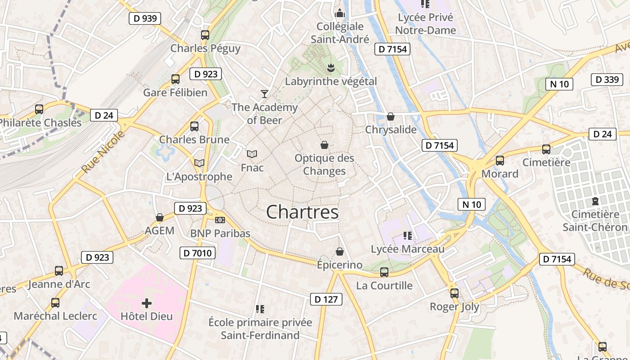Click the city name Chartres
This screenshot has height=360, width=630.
point(302,212)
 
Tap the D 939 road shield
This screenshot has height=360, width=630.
point(145,18)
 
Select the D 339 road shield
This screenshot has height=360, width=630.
point(607,80)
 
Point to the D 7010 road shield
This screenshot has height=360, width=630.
point(198,253)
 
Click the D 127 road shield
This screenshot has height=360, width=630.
point(326,299)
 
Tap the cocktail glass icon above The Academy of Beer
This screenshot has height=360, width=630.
point(265,94)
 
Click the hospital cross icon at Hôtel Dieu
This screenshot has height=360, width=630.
point(146,303)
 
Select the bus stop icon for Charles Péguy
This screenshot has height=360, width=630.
point(205,35)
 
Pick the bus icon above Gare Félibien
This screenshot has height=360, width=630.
point(175,79)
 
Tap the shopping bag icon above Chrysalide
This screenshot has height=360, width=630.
point(390,117)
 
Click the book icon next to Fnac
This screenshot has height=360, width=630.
point(252,154)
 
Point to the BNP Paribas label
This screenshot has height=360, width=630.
point(220,233)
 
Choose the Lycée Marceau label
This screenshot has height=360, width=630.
point(407,249)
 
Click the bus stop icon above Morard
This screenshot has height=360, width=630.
point(499,160)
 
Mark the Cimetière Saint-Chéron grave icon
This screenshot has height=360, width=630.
point(595,201)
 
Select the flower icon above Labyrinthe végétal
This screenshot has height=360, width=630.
point(331,68)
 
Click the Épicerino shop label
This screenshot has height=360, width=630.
point(339,265)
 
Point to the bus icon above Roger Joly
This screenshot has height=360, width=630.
point(454,293)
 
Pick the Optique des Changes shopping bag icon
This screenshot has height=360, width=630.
point(324,145)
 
